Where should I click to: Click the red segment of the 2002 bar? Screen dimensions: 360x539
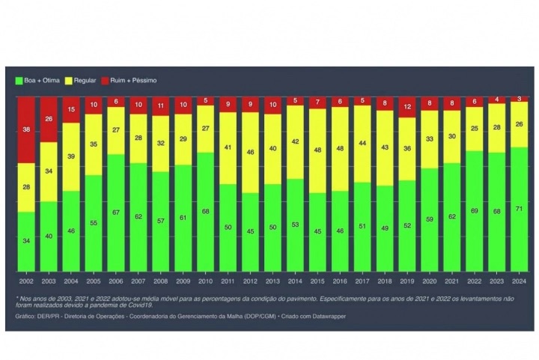tap(26, 129)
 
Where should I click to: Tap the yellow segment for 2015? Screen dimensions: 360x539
tap(317, 150)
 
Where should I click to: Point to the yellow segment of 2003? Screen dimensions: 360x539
tap(49, 171)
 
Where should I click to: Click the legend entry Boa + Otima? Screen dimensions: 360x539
tap(37, 80)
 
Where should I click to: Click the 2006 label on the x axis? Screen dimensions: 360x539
tap(116, 281)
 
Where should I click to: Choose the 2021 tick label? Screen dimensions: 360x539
tap(452, 281)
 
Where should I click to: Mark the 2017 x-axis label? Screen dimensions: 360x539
tap(362, 281)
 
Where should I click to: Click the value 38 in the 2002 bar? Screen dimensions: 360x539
tap(26, 129)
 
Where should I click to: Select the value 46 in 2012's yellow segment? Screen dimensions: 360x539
tap(250, 152)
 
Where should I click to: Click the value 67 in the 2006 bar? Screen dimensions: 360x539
tap(116, 213)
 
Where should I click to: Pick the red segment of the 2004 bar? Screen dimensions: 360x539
tap(71, 110)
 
